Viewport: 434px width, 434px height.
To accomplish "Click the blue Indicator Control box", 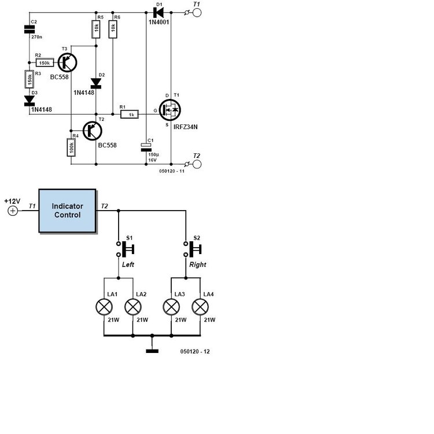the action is pyautogui.click(x=67, y=211).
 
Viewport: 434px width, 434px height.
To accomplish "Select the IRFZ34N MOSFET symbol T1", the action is pyautogui.click(x=170, y=110).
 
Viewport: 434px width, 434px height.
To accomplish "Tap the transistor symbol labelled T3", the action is pyautogui.click(x=67, y=62).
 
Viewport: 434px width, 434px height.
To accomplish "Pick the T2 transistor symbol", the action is pyautogui.click(x=93, y=131).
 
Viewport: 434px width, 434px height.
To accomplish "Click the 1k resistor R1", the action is pyautogui.click(x=130, y=114).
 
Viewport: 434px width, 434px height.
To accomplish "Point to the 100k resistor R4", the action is pyautogui.click(x=71, y=147).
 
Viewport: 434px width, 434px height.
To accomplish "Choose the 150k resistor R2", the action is pyautogui.click(x=45, y=63).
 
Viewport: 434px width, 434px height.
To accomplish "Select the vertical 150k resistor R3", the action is pyautogui.click(x=30, y=79).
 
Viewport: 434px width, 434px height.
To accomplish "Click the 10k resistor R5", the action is pyautogui.click(x=96, y=28).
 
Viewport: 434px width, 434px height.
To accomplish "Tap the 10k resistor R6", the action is pyautogui.click(x=113, y=28).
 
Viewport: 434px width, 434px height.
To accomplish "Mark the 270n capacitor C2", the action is pyautogui.click(x=30, y=30).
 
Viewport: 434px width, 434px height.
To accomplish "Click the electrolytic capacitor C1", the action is pyautogui.click(x=146, y=147).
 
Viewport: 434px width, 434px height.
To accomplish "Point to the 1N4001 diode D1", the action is pyautogui.click(x=159, y=13).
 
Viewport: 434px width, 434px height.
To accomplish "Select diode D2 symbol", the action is pyautogui.click(x=96, y=83).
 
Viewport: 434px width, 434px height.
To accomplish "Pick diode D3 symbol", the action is pyautogui.click(x=30, y=101).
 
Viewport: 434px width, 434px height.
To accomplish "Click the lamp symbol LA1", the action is pyautogui.click(x=104, y=307).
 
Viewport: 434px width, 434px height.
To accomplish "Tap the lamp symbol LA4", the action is pyautogui.click(x=200, y=307).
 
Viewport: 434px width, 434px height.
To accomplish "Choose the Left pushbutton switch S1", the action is pyautogui.click(x=125, y=249).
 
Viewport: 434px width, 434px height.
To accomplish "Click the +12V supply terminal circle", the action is pyautogui.click(x=13, y=211).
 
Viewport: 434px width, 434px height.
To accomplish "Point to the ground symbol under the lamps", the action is pyautogui.click(x=152, y=351).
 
